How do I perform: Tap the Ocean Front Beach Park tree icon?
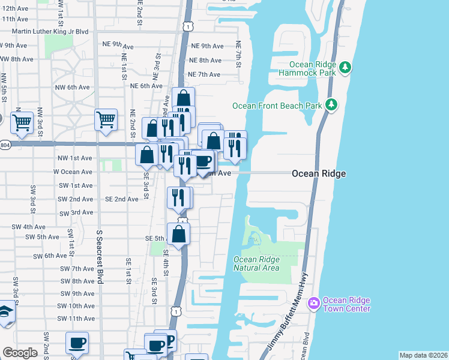[331, 106]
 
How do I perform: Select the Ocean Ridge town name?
[318, 173]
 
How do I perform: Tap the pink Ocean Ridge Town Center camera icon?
[313, 304]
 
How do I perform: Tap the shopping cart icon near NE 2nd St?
[106, 119]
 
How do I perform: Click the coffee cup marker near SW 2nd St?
[77, 343]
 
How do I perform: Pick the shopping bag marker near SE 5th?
[179, 233]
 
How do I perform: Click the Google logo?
[20, 353]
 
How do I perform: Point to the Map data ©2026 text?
[423, 355]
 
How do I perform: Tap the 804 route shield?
[5, 145]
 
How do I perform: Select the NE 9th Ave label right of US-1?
[207, 46]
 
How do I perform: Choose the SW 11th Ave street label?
[76, 319]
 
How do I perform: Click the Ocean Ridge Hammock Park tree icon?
[345, 67]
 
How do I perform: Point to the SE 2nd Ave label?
[122, 199]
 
